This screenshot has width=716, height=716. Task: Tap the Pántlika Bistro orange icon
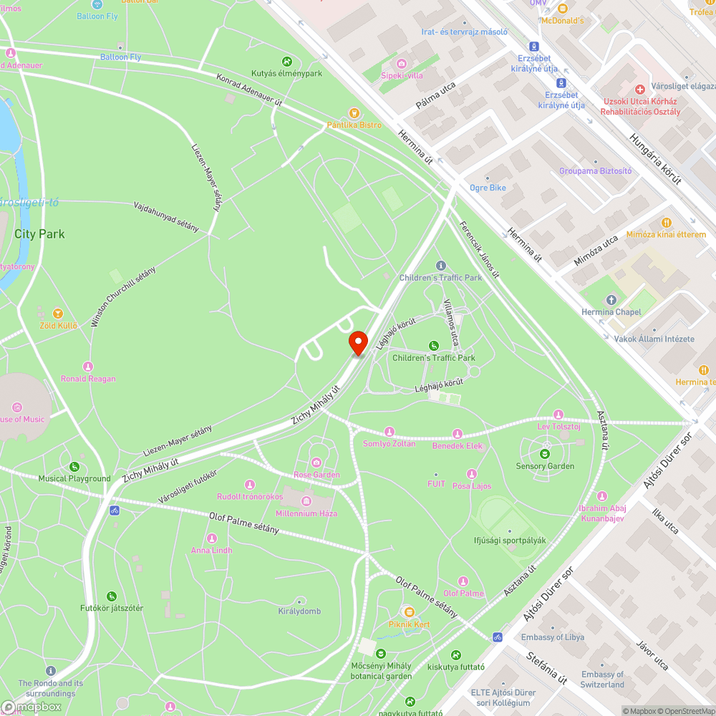(353, 112)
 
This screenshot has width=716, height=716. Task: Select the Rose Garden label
(316, 475)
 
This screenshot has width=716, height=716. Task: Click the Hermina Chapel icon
(611, 300)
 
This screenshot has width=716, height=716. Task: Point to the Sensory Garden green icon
(545, 453)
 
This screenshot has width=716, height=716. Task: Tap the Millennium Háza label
(306, 513)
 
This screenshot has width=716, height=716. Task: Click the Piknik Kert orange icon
(408, 612)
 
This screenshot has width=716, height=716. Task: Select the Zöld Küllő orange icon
(58, 314)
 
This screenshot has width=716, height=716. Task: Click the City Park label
(39, 233)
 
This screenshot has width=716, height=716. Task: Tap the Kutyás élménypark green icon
(286, 62)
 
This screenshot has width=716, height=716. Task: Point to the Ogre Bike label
(488, 188)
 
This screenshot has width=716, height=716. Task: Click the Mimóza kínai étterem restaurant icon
(667, 223)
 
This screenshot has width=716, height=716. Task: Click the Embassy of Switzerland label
(603, 679)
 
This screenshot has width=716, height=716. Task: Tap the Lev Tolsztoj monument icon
(558, 415)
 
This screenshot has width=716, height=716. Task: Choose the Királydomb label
(299, 611)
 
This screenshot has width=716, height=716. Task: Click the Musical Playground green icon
(74, 467)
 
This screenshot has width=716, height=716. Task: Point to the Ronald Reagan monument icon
(88, 367)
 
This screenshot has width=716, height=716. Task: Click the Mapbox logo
(32, 707)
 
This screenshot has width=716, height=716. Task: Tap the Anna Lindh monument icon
(211, 538)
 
